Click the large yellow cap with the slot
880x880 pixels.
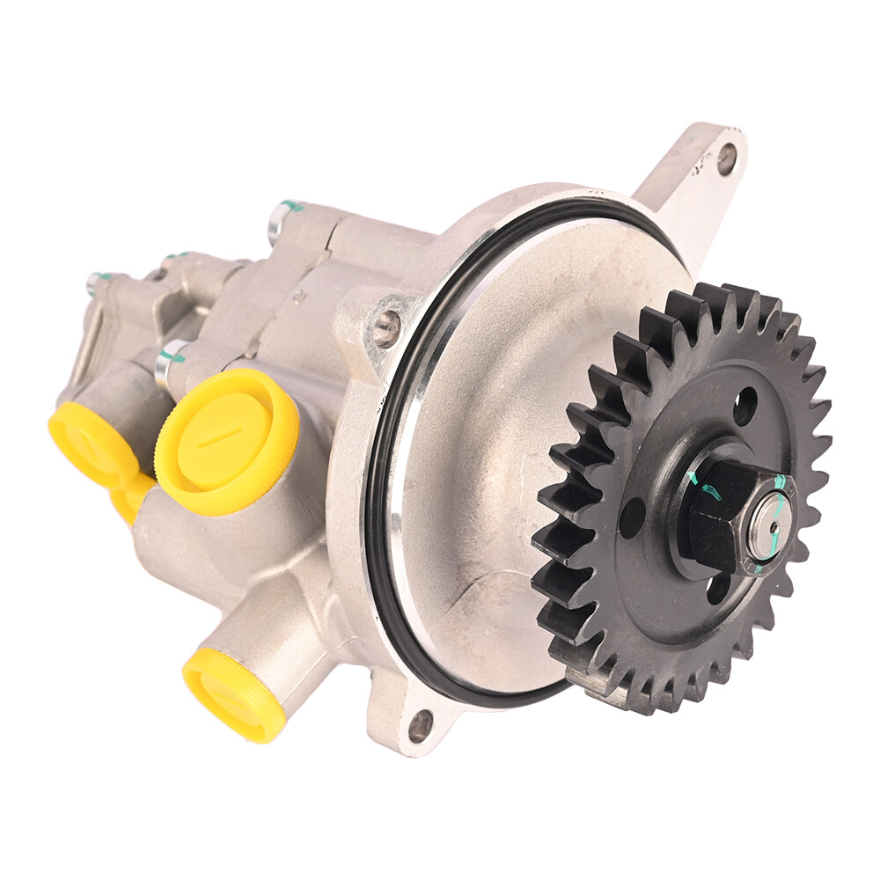pyautogui.click(x=227, y=441)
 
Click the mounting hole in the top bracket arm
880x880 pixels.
pyautogui.click(x=726, y=159)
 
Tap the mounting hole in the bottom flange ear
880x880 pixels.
pyautogui.click(x=421, y=725)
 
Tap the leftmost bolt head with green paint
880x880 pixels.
pyautogui.click(x=95, y=282)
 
